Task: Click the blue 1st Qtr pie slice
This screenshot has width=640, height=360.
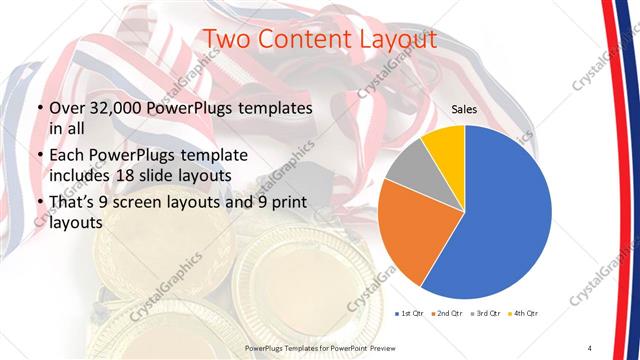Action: click(505, 210)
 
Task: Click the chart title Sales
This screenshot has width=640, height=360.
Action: click(463, 108)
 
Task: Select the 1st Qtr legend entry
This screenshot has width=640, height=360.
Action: click(408, 314)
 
